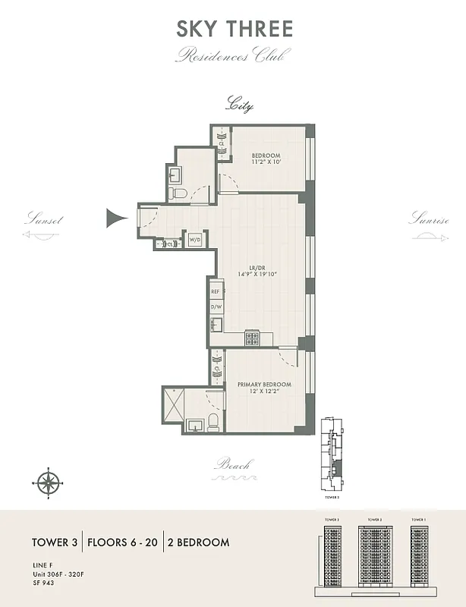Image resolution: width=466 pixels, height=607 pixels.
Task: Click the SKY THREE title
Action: point(234,29)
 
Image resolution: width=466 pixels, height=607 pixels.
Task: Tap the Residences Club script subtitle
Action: point(234,55)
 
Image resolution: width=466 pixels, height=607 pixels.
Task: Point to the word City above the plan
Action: point(240,105)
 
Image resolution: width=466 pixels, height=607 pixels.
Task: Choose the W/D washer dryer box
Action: point(195,239)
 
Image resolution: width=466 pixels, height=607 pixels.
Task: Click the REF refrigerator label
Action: point(215,291)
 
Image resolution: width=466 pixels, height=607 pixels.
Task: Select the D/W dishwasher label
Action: point(215,307)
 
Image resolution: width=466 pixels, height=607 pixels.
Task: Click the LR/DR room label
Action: point(257,268)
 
